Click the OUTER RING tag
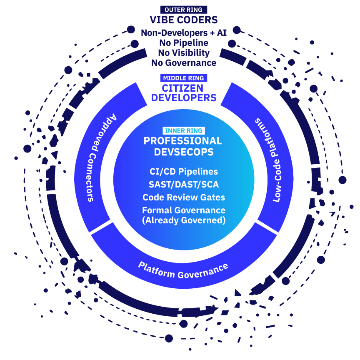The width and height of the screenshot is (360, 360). tap(184, 10)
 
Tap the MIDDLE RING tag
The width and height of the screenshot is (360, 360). tap(184, 78)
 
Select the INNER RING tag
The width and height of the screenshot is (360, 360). tap(184, 130)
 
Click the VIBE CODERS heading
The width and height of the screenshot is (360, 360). tap(184, 20)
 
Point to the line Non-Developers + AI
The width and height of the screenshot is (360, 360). tap(184, 32)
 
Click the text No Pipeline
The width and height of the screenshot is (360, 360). tap(184, 42)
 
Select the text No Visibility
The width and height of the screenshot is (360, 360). tap(184, 53)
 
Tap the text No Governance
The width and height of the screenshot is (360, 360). tap(184, 63)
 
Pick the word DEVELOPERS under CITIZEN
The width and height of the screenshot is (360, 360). tap(184, 98)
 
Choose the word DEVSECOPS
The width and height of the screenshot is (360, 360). tap(184, 152)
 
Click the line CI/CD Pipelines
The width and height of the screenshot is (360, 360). tap(184, 171)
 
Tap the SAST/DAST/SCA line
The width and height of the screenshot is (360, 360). tap(184, 184)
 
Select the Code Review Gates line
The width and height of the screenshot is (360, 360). tap(184, 197)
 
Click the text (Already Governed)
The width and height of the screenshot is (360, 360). tap(184, 220)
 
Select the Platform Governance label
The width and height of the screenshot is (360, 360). tap(183, 270)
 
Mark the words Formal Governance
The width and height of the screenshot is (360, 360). tap(184, 210)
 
